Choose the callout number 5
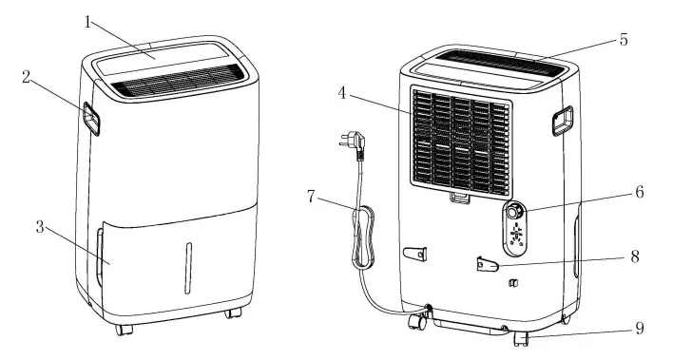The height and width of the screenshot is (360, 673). (x=624, y=41)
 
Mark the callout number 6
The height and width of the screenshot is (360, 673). (x=640, y=191)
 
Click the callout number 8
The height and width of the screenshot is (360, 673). (x=634, y=256)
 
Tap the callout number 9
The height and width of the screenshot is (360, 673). (x=640, y=329)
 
